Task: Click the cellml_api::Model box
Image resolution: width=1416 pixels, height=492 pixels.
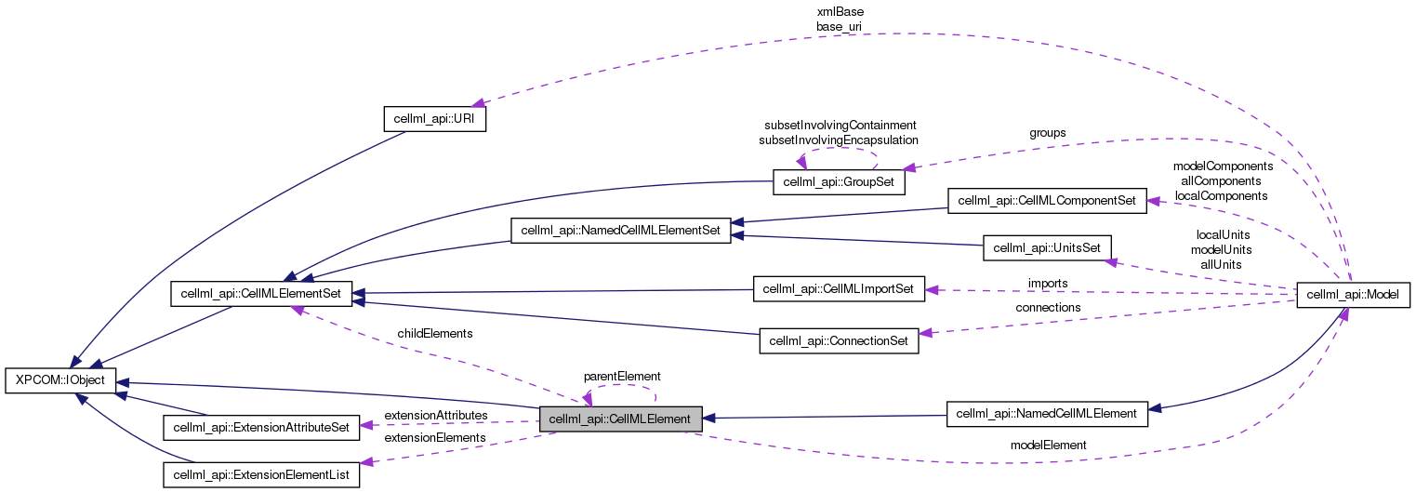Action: (x=1353, y=295)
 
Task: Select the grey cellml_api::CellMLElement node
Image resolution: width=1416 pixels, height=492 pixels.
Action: (x=620, y=419)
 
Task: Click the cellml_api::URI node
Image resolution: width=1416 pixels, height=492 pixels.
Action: (x=435, y=120)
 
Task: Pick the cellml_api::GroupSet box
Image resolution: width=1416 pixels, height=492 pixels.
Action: (x=839, y=182)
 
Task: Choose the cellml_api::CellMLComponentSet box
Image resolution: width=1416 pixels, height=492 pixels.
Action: (x=1046, y=200)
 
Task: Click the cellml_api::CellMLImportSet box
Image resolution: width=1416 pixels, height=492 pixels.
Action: (x=839, y=289)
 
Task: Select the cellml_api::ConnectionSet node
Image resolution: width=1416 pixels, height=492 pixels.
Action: (x=839, y=340)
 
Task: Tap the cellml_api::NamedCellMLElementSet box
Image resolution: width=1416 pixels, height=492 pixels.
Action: (x=621, y=229)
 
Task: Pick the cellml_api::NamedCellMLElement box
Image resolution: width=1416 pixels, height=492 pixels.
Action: (x=1046, y=413)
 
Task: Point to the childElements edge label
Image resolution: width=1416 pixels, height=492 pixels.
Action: (x=435, y=333)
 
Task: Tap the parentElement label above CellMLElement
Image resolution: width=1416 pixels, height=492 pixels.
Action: (x=621, y=376)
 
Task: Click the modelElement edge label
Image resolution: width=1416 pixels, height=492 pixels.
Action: (x=1048, y=445)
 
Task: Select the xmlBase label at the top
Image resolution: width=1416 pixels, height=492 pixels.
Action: (x=840, y=12)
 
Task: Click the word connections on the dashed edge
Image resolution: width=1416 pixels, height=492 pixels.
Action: (x=1048, y=307)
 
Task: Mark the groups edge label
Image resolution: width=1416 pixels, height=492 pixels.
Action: (x=1048, y=133)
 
